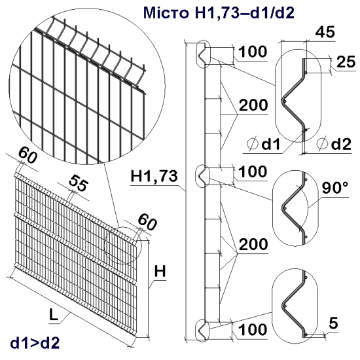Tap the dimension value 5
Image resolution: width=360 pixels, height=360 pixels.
333,322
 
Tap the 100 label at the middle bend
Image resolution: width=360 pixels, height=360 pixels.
254,173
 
